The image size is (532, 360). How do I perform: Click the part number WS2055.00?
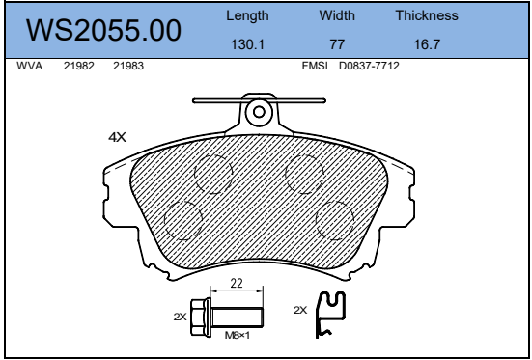point(103,30)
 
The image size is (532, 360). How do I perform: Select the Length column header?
point(247,16)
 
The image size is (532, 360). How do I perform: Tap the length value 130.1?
point(247,44)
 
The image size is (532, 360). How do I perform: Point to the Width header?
point(337,15)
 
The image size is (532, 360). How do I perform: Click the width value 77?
point(337,44)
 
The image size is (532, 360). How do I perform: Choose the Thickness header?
point(427,15)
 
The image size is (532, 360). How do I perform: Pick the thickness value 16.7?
point(427,44)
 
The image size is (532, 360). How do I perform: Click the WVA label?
point(30,66)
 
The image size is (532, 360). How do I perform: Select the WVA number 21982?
point(79,66)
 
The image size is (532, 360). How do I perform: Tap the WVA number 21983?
point(128,66)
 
